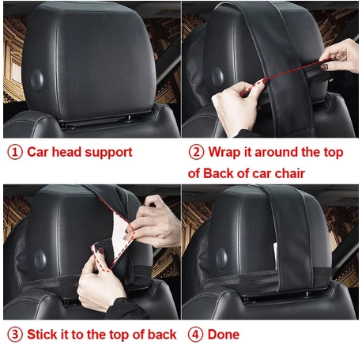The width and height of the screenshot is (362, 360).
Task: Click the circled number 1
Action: (x=15, y=153)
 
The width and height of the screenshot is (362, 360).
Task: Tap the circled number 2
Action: (x=196, y=153)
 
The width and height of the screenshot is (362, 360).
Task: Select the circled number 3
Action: (x=15, y=335)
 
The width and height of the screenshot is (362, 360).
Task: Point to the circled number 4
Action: (x=195, y=335)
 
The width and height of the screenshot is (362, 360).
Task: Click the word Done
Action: (x=224, y=335)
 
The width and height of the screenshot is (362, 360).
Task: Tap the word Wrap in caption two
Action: (x=224, y=153)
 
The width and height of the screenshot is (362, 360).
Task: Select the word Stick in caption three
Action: (x=43, y=335)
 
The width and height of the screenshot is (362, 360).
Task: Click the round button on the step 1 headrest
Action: (x=37, y=81)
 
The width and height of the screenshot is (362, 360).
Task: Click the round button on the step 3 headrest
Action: (x=40, y=260)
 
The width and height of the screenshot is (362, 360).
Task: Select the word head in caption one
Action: (x=67, y=152)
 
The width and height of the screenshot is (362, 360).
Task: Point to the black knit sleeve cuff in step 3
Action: (x=126, y=309)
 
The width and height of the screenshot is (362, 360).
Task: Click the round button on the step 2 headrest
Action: (x=218, y=77)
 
